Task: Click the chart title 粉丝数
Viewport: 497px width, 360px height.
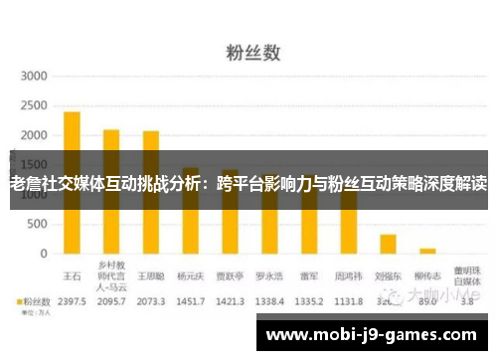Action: [248, 47]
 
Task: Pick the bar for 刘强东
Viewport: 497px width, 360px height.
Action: [388, 244]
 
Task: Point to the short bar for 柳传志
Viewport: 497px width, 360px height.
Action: [427, 251]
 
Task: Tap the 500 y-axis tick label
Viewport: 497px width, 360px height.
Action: [38, 225]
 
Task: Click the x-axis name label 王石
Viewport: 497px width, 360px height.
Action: [72, 266]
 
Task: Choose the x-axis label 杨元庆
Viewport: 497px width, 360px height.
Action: [190, 266]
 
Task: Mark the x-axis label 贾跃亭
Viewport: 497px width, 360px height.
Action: [230, 266]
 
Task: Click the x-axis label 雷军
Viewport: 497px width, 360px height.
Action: [309, 266]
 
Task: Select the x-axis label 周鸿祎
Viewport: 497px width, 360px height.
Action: [348, 266]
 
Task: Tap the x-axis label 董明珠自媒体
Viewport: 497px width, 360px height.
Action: [467, 270]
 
